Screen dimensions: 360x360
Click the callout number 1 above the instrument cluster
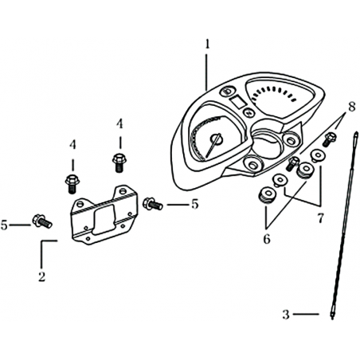(207, 45)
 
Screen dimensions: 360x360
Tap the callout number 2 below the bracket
(42, 277)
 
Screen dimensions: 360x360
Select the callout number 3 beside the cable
(286, 315)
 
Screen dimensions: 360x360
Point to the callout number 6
(267, 239)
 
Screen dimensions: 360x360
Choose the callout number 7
(321, 218)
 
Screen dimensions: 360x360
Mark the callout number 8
(351, 107)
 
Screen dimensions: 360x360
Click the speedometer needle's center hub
(217, 139)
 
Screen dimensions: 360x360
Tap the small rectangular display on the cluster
(237, 101)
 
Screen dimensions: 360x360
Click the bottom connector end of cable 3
(332, 315)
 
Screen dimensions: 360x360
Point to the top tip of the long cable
(356, 133)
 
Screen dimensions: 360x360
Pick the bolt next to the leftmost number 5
(42, 221)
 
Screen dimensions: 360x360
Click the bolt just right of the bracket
(152, 204)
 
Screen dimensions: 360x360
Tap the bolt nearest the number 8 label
(330, 139)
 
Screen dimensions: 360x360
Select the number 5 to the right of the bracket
(195, 204)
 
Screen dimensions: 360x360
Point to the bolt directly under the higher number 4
(119, 162)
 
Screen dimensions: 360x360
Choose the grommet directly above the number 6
(266, 196)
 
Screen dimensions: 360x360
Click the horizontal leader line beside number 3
(306, 314)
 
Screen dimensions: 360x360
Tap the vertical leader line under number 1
(206, 72)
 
